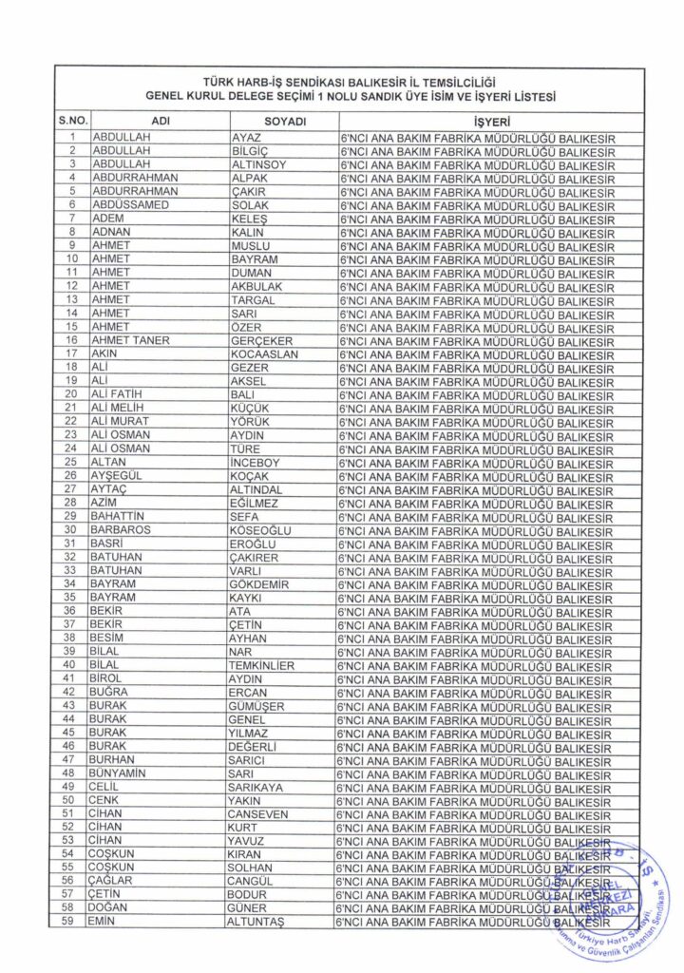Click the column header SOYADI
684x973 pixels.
(x=281, y=122)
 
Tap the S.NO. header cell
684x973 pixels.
(x=72, y=122)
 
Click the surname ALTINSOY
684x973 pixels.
(x=259, y=164)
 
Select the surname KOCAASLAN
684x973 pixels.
(x=265, y=353)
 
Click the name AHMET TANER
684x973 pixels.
(x=130, y=340)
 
